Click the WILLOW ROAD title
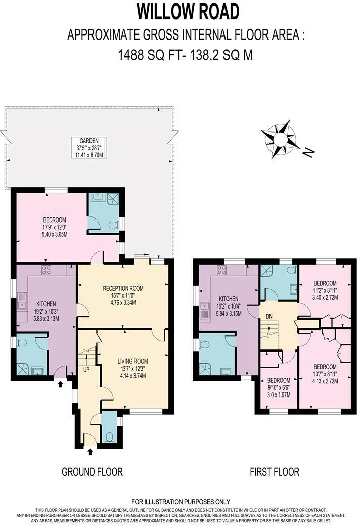[180, 11]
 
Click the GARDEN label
[88, 141]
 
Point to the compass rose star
[280, 138]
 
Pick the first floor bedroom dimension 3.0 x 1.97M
[279, 394]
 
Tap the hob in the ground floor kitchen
[46, 269]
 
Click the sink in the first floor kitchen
[205, 310]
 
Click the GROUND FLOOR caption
[92, 472]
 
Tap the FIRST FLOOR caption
[275, 472]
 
